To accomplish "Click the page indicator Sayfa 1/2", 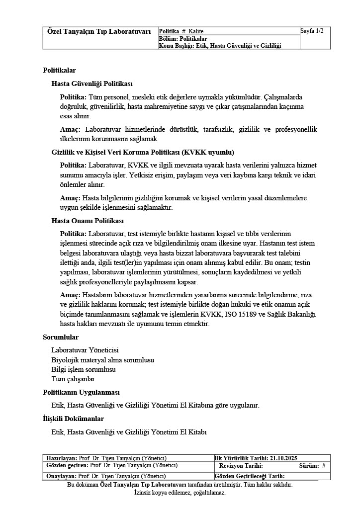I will pos(312,31).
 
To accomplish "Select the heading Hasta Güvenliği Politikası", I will pos(92,84).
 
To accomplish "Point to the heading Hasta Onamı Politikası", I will pos(88,221).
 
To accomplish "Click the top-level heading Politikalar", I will pos(59,71).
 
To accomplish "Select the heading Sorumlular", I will pos(61,337).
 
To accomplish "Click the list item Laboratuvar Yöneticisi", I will pos(85,350).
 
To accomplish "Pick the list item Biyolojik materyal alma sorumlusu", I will pos(103,359).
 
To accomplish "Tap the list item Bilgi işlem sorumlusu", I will pos(84,369).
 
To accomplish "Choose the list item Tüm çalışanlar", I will pos(73,379).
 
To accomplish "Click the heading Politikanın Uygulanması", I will pos(81,392).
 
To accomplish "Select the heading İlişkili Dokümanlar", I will pos(73,419).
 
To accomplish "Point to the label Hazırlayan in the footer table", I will pos(62,458).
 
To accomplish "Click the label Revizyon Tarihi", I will pos(241,466).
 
